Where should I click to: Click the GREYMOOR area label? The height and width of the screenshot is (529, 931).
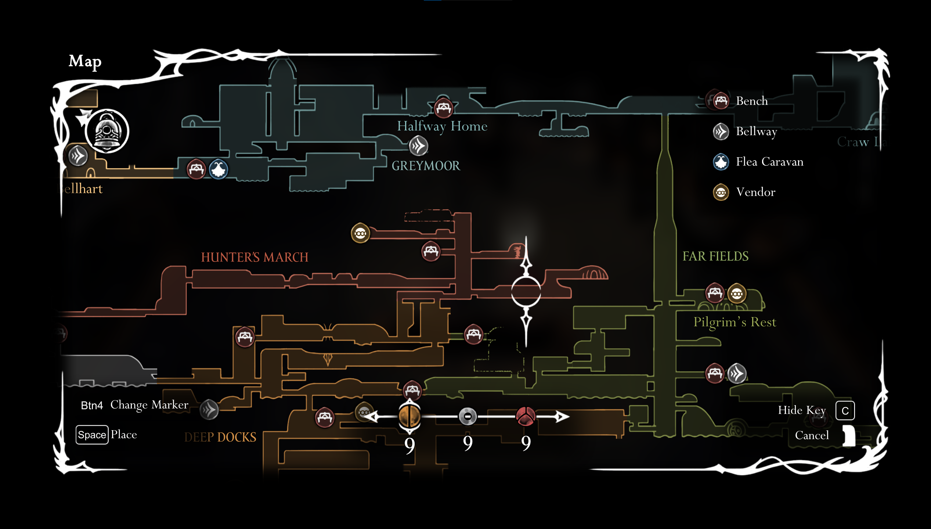coord(426,166)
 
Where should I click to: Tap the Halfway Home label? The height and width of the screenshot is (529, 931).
coord(442,126)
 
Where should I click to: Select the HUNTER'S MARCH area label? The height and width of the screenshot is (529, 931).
coord(255,257)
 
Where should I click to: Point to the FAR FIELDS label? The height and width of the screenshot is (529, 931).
coord(715,256)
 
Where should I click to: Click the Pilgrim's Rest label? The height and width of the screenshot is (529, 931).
coord(735,322)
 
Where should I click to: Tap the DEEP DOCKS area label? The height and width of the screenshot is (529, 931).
coord(220,437)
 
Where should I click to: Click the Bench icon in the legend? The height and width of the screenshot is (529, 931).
coord(721,100)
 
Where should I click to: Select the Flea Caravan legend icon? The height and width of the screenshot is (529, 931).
coord(721,162)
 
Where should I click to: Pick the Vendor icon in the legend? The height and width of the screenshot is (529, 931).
coord(721,192)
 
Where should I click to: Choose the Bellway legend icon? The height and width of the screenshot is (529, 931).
coord(721,131)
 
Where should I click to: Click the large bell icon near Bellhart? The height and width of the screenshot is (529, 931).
coord(107,131)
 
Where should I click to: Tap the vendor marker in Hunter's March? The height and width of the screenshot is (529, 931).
coord(360,233)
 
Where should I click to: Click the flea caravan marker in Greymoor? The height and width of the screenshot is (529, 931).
coord(219,169)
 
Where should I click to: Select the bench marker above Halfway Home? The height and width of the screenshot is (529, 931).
coord(443,108)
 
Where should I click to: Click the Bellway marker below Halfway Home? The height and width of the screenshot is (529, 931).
coord(418,146)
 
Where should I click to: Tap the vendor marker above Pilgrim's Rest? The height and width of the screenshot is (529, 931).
coord(736,294)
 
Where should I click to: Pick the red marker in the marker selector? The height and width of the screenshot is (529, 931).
coord(526,416)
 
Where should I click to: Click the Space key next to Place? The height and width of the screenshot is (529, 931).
coord(92,435)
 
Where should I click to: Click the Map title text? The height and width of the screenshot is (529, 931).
coord(85,61)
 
